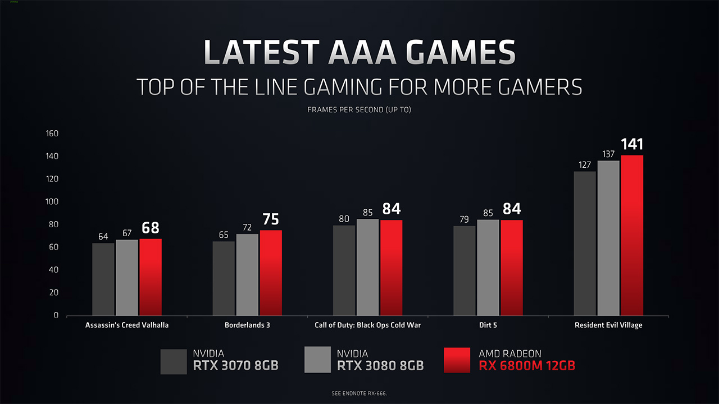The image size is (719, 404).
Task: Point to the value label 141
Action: (632, 145)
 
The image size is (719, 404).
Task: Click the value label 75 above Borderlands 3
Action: (271, 219)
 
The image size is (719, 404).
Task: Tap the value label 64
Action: (103, 236)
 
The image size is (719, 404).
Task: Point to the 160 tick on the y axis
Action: (52, 134)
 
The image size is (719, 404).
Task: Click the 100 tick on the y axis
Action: (52, 201)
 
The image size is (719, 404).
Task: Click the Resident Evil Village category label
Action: (608, 325)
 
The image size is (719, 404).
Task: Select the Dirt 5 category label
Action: (488, 325)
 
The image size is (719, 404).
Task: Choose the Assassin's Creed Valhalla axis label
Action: (127, 325)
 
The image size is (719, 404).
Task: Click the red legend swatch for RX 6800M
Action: (457, 360)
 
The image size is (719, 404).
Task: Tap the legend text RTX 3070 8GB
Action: (235, 366)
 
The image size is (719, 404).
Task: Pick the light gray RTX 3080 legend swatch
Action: (317, 360)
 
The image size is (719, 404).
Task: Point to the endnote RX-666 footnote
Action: (359, 393)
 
